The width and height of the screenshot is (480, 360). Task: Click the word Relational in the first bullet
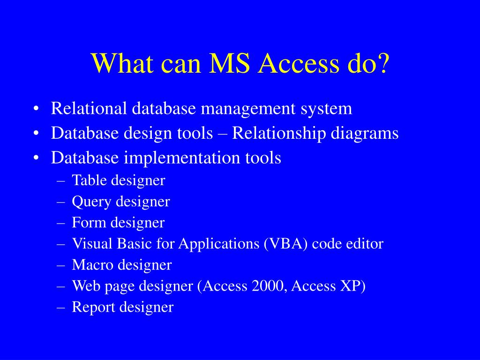[x=89, y=109]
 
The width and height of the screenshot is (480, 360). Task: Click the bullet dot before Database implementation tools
[x=37, y=158]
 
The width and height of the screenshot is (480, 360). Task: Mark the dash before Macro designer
[x=61, y=265]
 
